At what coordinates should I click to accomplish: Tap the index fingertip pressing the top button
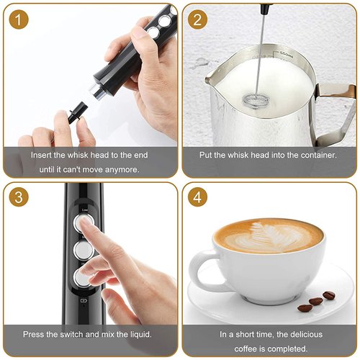[x=86, y=224]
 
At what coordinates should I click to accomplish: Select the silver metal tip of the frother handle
[x=96, y=90]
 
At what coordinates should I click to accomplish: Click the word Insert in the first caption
[x=43, y=155]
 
